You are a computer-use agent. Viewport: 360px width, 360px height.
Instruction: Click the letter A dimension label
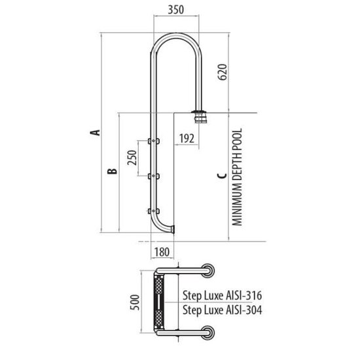[x=96, y=133]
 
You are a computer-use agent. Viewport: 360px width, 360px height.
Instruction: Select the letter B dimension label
[x=112, y=171]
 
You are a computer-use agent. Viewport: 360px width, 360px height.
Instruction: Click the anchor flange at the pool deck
[x=197, y=117]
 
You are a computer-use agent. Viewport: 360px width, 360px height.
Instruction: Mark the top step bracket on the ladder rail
[x=154, y=140]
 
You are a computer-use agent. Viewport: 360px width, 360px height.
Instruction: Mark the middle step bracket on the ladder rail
[x=154, y=175]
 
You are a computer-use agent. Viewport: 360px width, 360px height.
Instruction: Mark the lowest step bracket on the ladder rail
[x=154, y=210]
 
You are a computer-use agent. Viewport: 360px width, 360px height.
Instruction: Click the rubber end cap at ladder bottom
[x=174, y=228]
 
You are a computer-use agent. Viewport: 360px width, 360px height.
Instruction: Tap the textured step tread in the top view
[x=158, y=302]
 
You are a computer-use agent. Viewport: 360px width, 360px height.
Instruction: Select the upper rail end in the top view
[x=207, y=269]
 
